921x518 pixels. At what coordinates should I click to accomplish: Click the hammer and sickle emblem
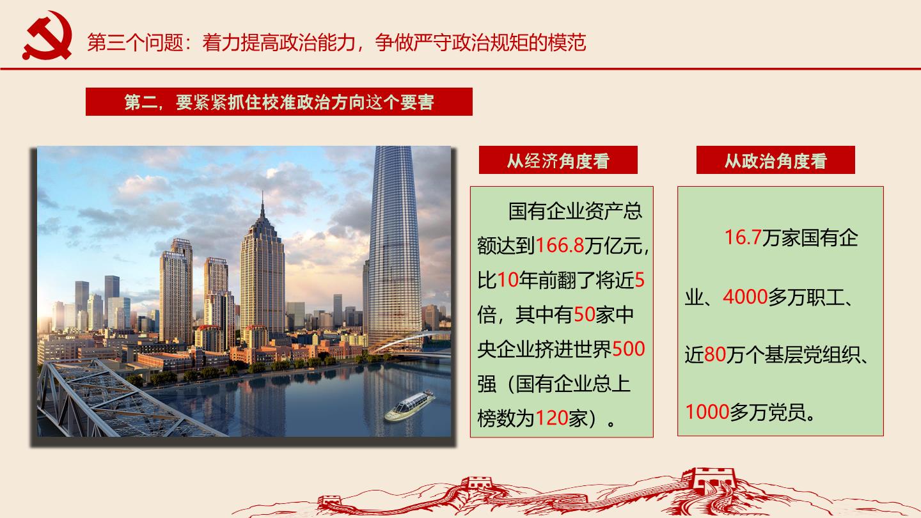(x=47, y=35)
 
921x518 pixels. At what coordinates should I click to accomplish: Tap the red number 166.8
(x=560, y=246)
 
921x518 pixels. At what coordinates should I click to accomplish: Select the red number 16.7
(x=743, y=237)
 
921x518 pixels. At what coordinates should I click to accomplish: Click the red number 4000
(x=745, y=297)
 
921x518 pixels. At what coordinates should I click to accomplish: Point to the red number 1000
(x=707, y=412)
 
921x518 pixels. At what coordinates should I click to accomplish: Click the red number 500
(x=628, y=349)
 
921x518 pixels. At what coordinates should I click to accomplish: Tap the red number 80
(x=714, y=354)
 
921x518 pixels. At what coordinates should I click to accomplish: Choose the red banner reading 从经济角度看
(x=558, y=160)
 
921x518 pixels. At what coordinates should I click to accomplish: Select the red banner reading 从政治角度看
(x=775, y=160)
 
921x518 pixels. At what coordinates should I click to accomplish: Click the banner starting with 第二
(x=279, y=102)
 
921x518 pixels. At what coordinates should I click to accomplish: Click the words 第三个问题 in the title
(x=135, y=42)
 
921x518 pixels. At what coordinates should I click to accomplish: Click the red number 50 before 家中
(x=585, y=315)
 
